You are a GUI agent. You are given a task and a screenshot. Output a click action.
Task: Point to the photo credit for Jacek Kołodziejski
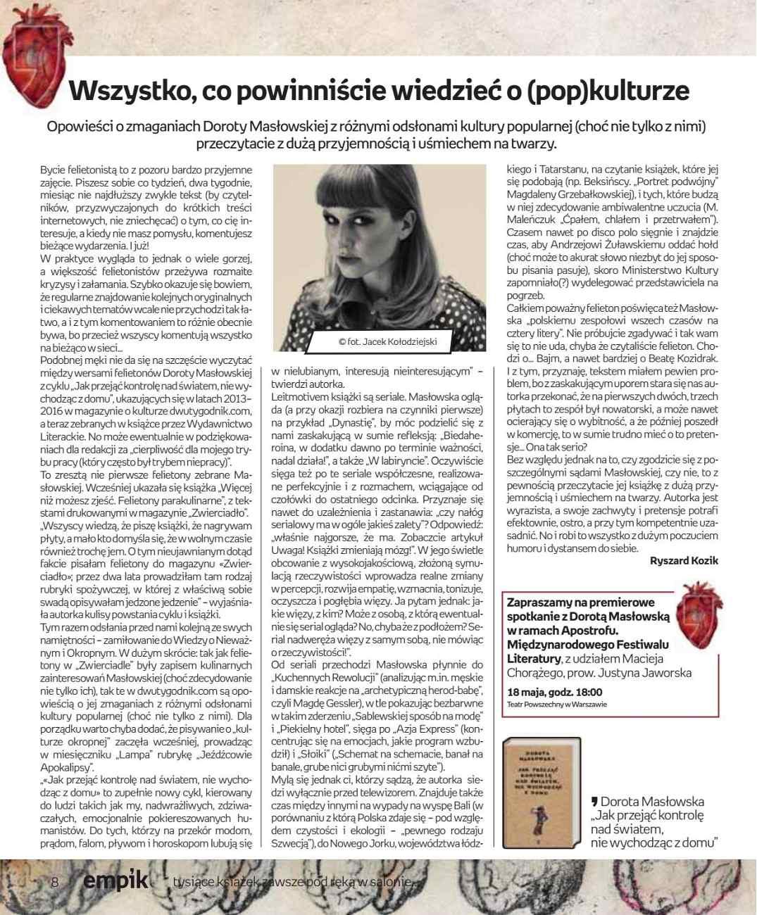[x=388, y=341]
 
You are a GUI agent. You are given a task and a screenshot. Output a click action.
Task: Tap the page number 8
[x=54, y=883]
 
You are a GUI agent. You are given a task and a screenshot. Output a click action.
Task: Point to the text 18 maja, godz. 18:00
[x=555, y=692]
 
